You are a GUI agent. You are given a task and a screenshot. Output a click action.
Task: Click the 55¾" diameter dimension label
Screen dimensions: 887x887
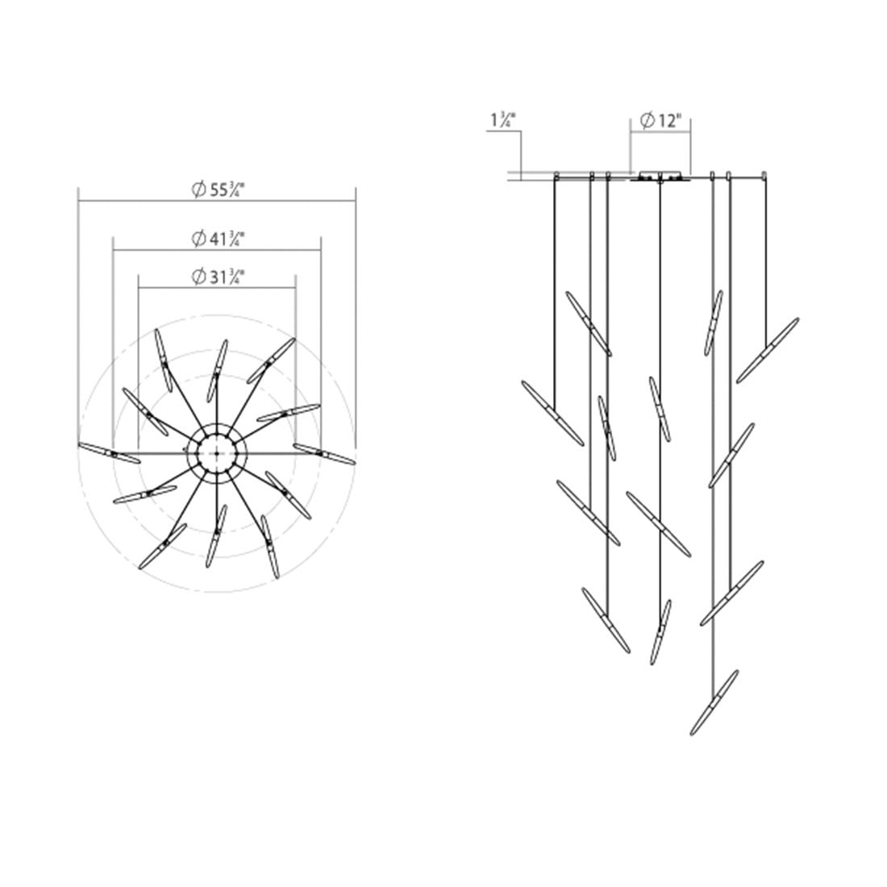(219, 189)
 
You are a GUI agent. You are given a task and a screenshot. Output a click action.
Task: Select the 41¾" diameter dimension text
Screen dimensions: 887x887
(219, 239)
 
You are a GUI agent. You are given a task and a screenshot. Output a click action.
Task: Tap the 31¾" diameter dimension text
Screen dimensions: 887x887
(219, 277)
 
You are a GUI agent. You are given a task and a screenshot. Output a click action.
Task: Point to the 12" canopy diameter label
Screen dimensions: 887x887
(660, 120)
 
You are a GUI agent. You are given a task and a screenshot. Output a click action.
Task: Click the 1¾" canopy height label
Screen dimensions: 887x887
(503, 120)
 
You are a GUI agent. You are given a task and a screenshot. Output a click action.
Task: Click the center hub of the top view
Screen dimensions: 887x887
(217, 453)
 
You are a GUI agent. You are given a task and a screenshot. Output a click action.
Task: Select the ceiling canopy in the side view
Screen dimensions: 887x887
(660, 176)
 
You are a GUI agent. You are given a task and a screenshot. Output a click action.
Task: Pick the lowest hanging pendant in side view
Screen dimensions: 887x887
(714, 702)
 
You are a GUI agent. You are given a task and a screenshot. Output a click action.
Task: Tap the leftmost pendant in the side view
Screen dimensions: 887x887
(552, 413)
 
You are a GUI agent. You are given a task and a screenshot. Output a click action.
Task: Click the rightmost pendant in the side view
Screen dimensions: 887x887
(768, 350)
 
